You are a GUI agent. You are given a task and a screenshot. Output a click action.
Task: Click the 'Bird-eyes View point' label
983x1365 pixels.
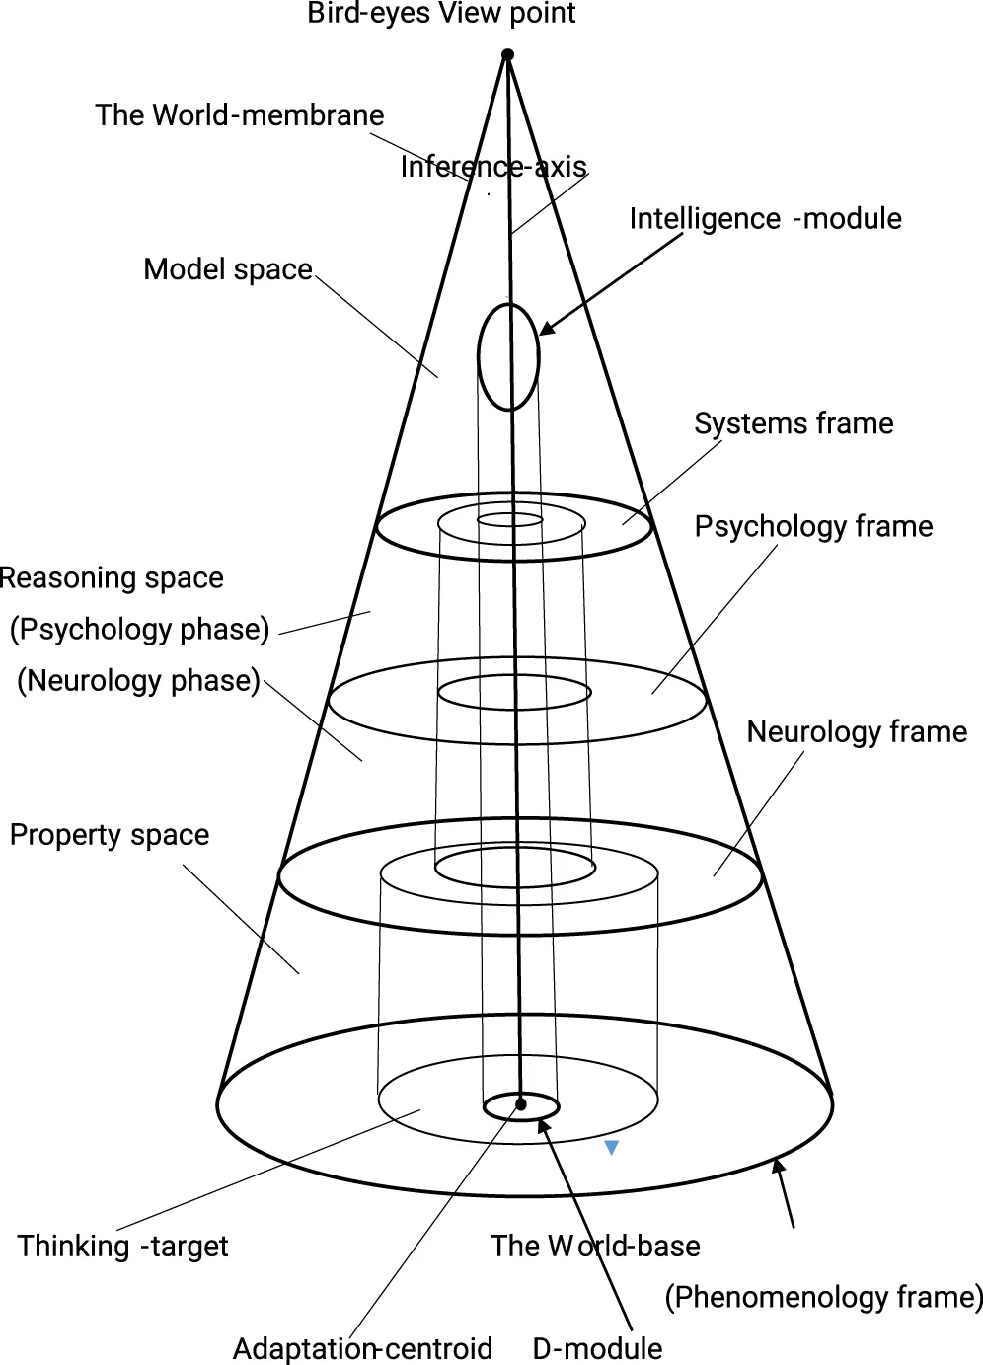pos(441,14)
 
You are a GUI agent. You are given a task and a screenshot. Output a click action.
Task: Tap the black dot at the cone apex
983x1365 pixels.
pos(507,55)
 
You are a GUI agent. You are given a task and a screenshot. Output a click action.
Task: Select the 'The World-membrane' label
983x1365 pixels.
pos(240,115)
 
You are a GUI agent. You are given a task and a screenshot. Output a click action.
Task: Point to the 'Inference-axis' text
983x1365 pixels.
pos(493,167)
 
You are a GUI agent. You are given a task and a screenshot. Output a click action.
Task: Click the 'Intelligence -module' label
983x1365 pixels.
pos(765,218)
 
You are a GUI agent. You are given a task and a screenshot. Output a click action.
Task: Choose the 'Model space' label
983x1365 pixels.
pos(228,269)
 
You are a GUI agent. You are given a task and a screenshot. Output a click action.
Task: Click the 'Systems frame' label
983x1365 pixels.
pos(794,423)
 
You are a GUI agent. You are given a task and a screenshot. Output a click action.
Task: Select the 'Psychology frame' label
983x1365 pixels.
pos(813,526)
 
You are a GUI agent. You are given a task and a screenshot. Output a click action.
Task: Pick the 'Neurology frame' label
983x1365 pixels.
pos(857,731)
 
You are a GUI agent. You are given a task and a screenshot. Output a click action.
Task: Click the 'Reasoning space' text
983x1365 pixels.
pos(112,577)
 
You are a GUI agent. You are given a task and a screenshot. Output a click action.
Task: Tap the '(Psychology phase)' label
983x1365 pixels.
pos(140,629)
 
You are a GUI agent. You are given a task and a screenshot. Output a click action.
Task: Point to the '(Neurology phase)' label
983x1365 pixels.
pos(139,680)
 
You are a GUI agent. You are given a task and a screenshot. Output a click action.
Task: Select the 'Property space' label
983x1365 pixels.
pos(110,835)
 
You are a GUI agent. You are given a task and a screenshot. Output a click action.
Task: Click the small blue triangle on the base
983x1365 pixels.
pos(612,1147)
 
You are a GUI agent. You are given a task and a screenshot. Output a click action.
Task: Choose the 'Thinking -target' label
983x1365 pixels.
pos(122,1246)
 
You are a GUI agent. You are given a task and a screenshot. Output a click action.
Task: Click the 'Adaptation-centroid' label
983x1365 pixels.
pos(362,1348)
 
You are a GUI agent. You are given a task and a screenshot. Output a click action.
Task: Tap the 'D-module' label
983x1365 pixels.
pos(597,1348)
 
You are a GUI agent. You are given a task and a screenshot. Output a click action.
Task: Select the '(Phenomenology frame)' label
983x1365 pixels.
pos(824,1297)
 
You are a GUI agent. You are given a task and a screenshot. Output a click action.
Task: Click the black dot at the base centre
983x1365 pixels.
pos(521,1104)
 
